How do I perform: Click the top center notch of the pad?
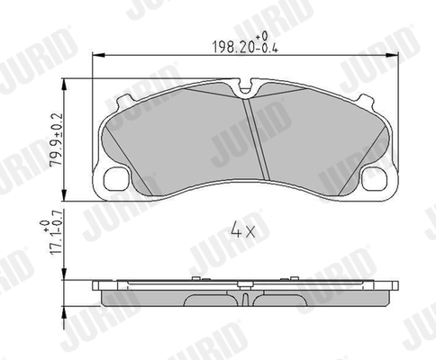click(246, 88)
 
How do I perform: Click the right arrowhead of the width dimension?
click(393, 56)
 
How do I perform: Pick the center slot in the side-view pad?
click(246, 293)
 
